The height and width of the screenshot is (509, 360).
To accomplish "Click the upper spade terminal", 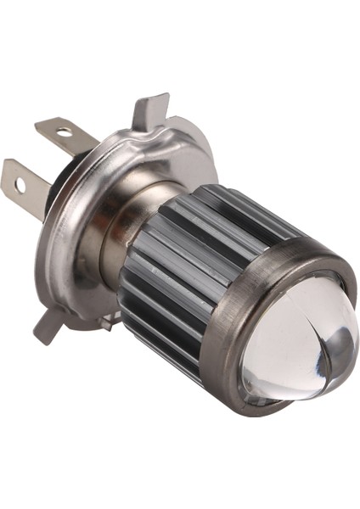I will (64, 134).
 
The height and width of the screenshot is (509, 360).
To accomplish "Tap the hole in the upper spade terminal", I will (62, 132).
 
